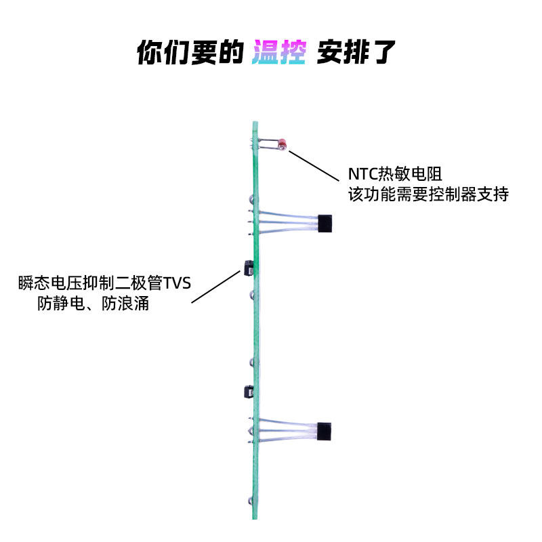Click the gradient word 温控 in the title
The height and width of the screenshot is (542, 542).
280,52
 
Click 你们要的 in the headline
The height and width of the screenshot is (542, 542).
190,52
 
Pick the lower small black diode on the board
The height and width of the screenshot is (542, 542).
248,392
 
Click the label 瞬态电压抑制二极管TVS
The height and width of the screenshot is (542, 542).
106,283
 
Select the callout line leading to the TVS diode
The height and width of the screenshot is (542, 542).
214,287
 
